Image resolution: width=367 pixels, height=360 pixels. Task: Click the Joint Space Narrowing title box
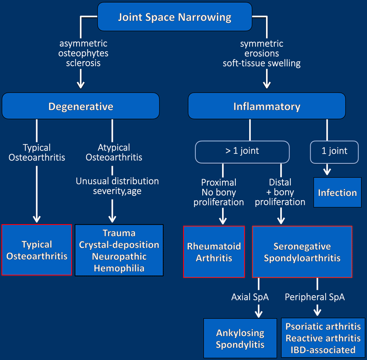click(174, 18)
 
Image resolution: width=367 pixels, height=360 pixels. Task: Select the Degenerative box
click(81, 107)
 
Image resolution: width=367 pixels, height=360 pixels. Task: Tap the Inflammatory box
click(267, 107)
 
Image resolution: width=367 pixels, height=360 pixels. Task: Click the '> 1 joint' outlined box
click(242, 151)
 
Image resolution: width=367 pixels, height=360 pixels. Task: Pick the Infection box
click(337, 192)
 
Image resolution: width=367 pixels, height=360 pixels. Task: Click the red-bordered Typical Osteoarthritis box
click(37, 250)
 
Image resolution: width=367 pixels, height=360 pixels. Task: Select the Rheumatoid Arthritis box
click(214, 252)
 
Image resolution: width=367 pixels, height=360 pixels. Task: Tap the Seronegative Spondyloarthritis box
click(302, 252)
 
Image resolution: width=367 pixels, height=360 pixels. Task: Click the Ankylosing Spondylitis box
click(240, 338)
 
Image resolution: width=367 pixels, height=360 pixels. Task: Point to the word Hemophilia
click(119, 268)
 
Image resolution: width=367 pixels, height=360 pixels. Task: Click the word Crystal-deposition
click(119, 245)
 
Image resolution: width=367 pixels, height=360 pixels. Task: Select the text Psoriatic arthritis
click(323, 327)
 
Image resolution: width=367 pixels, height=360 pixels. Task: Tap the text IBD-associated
click(323, 350)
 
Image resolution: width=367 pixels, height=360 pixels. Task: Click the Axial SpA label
click(250, 297)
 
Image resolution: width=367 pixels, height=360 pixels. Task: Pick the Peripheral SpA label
click(315, 297)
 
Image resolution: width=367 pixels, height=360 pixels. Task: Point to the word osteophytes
click(83, 53)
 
